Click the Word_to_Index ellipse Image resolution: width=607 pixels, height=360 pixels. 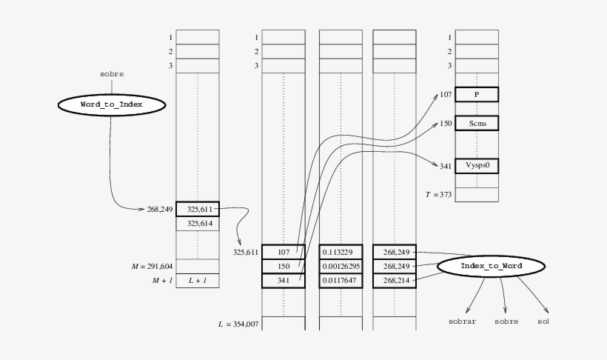(110, 105)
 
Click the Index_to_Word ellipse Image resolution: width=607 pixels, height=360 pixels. (492, 265)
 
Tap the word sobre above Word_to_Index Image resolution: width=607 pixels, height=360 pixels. (112, 74)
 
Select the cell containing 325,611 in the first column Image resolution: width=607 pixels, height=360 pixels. (198, 210)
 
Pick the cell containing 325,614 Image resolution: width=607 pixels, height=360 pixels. (198, 223)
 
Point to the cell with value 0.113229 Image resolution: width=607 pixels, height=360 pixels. (341, 252)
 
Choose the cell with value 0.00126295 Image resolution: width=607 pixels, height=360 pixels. (341, 266)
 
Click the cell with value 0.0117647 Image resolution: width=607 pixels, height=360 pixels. (341, 280)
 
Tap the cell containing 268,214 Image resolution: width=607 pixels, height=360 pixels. (395, 280)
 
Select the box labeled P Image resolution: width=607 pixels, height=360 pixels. (477, 95)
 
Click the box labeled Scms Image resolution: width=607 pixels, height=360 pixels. (477, 123)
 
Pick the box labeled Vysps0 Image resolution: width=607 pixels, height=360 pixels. (477, 166)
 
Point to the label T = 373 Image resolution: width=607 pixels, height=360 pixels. (437, 194)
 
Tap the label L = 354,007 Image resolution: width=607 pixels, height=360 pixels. (238, 324)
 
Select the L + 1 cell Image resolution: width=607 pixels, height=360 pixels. (198, 280)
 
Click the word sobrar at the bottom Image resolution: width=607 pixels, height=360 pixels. (463, 322)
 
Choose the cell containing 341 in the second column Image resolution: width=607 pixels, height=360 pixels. (284, 280)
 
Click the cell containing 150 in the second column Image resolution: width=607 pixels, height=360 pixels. (284, 266)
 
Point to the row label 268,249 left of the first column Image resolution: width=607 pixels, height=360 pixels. (159, 210)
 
